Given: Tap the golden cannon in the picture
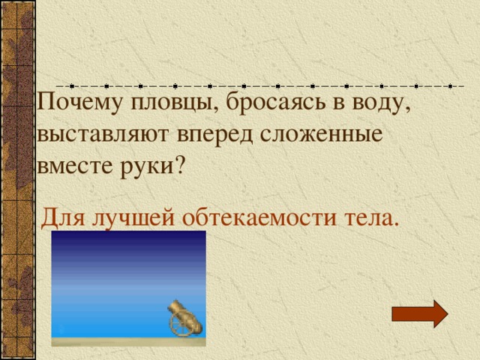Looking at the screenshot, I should (183, 319).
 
